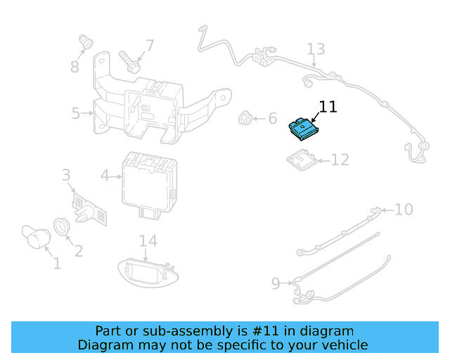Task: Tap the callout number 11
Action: [328, 107]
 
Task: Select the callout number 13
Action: [316, 49]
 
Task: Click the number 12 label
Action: [340, 160]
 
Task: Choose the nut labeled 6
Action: [246, 118]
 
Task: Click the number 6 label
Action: [272, 118]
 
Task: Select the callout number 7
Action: [149, 46]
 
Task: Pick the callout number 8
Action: [75, 67]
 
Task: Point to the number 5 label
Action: [76, 112]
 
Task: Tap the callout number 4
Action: [105, 175]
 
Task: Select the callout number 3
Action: [66, 174]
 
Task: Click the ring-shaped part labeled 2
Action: [63, 226]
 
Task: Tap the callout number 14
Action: [148, 241]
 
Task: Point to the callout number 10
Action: [404, 209]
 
